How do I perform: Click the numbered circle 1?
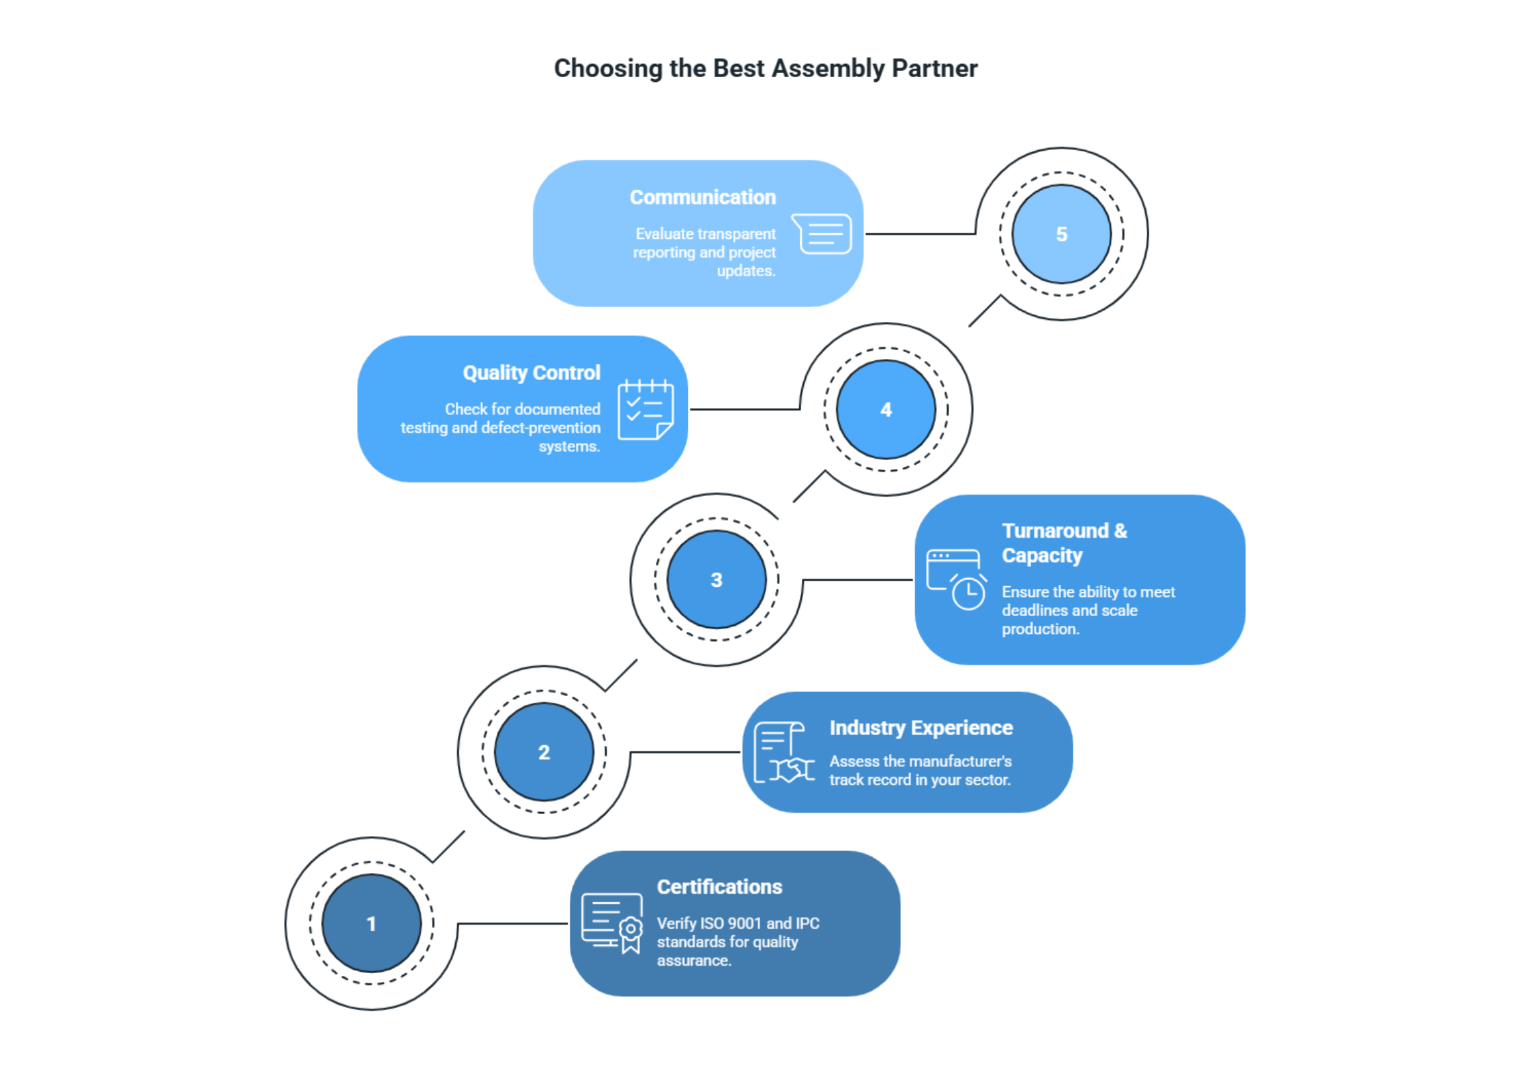pyautogui.click(x=371, y=923)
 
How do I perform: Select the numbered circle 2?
pyautogui.click(x=544, y=752)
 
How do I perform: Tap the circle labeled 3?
pyautogui.click(x=717, y=579)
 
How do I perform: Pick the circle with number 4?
pyautogui.click(x=886, y=409)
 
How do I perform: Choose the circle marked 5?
pyautogui.click(x=1061, y=234)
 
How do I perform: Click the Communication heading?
pyautogui.click(x=702, y=197)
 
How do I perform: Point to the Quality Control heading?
pyautogui.click(x=531, y=373)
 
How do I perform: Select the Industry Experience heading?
pyautogui.click(x=921, y=727)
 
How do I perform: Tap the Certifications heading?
pyautogui.click(x=719, y=886)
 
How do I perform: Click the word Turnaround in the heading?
pyautogui.click(x=1055, y=530)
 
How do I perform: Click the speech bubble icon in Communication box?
pyautogui.click(x=822, y=233)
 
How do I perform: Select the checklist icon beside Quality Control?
pyautogui.click(x=646, y=409)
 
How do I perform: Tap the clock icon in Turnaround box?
pyautogui.click(x=968, y=592)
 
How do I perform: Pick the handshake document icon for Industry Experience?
pyautogui.click(x=783, y=753)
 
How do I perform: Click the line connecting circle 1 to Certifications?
pyautogui.click(x=512, y=923)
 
